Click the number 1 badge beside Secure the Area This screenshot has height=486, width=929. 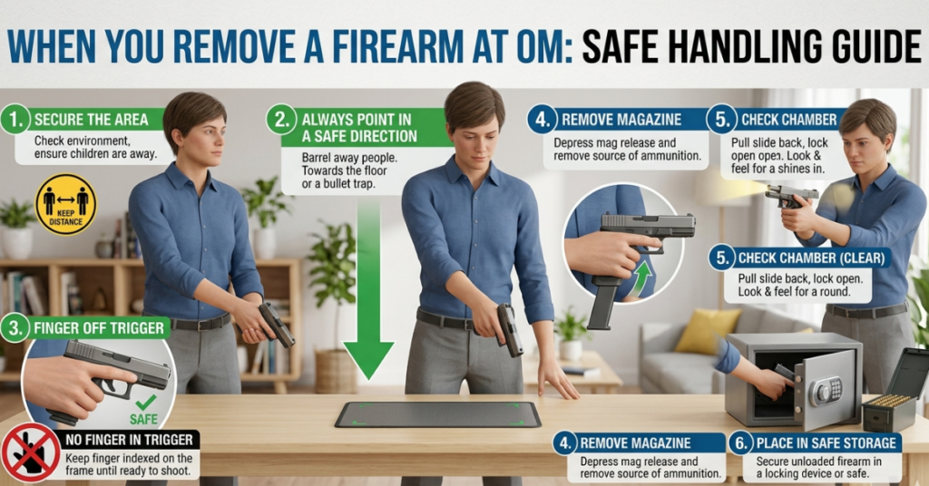(x=15, y=120)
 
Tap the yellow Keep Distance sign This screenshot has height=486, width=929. (x=65, y=204)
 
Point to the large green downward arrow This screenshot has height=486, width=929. (x=368, y=299)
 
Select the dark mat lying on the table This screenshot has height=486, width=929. (x=437, y=414)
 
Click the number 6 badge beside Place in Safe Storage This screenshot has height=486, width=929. (x=741, y=443)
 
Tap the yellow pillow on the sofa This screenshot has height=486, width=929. (x=708, y=330)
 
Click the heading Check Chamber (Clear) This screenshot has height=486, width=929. (x=812, y=258)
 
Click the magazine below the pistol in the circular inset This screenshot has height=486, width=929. (x=602, y=301)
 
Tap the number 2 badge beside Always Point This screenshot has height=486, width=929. (x=283, y=120)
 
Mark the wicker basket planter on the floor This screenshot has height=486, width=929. (x=336, y=370)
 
